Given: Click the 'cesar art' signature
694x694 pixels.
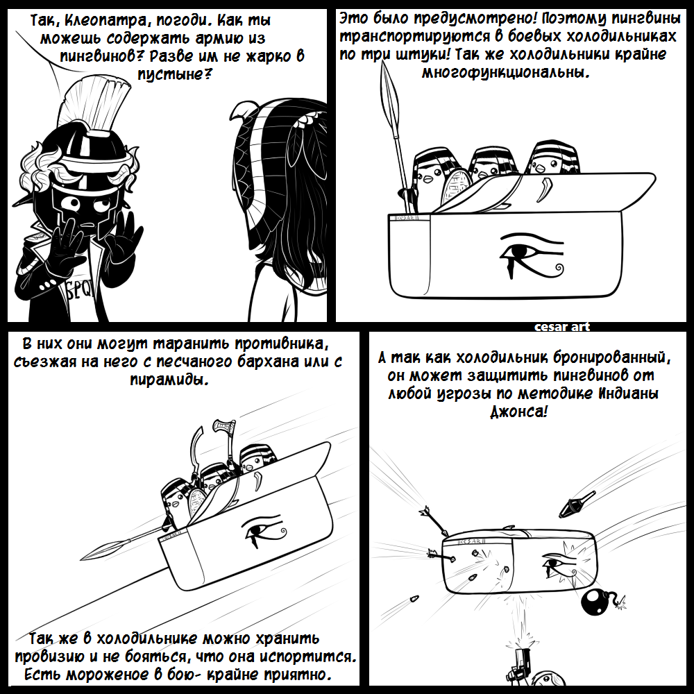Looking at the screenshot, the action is tap(561, 327).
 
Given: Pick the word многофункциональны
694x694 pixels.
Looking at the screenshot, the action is tap(506, 72).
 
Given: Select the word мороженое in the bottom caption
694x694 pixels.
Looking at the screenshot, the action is tap(107, 675).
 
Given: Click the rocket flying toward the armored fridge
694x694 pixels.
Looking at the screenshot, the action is tap(576, 504).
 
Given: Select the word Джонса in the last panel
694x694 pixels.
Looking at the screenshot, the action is tap(516, 412).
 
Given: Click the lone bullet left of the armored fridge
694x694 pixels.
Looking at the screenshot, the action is tap(414, 598).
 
